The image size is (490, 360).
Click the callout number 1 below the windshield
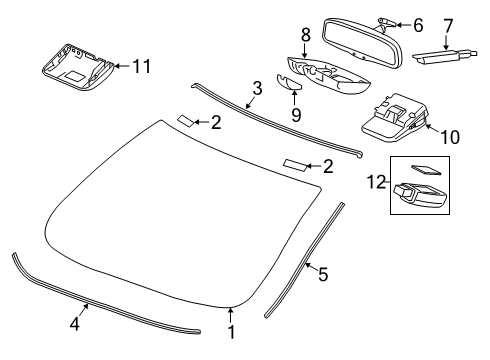coord(232,333)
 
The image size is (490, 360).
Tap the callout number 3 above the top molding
coord(257,88)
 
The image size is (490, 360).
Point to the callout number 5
coord(322,272)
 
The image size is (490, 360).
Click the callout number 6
coord(418,24)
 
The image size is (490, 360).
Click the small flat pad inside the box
coord(424,170)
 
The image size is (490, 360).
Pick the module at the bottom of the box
coord(419,195)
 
